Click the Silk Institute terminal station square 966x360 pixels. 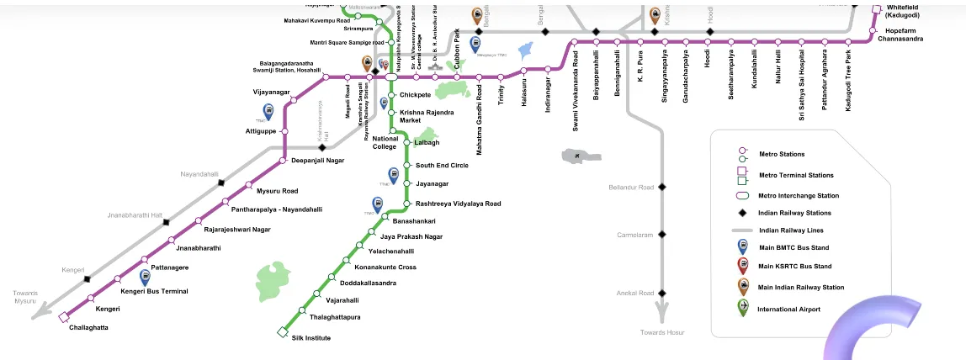point(283,332)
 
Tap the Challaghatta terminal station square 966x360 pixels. point(63,317)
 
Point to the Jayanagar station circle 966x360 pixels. point(406,183)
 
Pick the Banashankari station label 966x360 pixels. point(414,221)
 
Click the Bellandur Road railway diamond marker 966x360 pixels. point(662,187)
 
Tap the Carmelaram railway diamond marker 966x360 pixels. point(662,235)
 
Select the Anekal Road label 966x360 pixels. point(634,294)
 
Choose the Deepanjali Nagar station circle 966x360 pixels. point(284,160)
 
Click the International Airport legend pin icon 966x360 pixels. point(742,307)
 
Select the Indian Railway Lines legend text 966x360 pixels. point(785,230)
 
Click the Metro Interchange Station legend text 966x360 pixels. point(799,196)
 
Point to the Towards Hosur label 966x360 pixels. point(662,333)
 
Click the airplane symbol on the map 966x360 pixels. point(576,156)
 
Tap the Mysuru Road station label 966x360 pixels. point(277,191)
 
